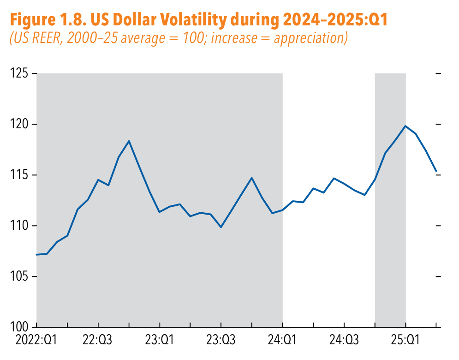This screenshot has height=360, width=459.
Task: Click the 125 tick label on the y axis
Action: click(19, 74)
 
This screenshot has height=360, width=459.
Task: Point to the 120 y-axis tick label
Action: click(19, 125)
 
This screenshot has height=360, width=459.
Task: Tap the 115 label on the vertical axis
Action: click(19, 175)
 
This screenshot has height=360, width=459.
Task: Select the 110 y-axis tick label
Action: click(19, 226)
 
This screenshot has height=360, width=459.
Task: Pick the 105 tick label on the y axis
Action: click(19, 277)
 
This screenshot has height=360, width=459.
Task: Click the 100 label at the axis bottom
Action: click(19, 327)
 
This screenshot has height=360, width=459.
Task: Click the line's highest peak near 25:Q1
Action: click(405, 126)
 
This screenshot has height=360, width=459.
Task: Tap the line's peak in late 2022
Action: click(129, 141)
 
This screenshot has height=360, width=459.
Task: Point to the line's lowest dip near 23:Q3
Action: click(221, 227)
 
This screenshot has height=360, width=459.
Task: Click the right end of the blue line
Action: click(436, 171)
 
